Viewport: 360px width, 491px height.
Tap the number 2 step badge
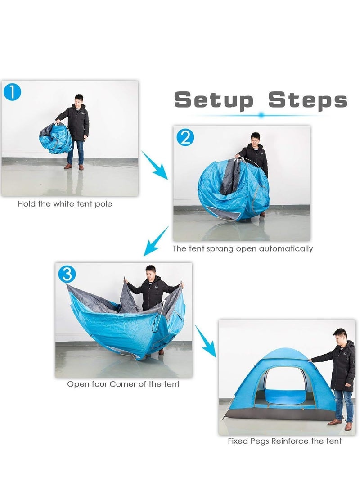(x=185, y=137)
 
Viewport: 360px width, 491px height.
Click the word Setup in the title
(x=214, y=100)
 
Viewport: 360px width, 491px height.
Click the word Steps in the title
(x=308, y=100)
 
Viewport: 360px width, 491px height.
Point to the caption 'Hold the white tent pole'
(x=65, y=204)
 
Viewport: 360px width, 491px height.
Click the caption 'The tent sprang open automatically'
(x=243, y=248)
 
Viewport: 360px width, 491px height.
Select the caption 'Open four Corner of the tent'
(x=123, y=384)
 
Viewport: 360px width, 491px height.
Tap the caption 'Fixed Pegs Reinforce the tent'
(x=284, y=441)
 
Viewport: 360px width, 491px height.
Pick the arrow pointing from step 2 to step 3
(x=155, y=243)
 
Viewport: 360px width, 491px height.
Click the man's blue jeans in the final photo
(x=343, y=404)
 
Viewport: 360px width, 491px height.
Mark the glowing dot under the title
(x=261, y=115)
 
